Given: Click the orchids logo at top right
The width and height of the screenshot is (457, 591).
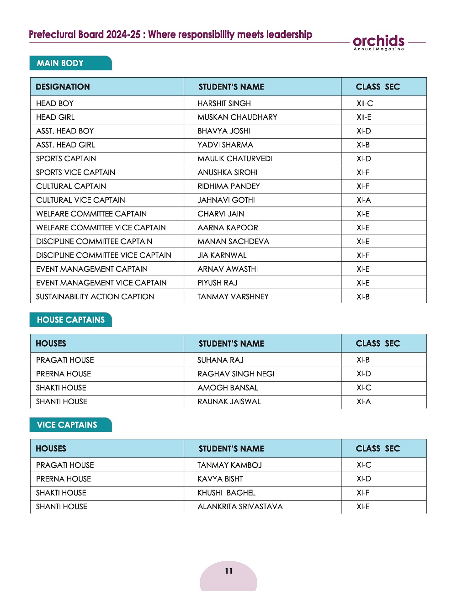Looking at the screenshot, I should (x=378, y=42).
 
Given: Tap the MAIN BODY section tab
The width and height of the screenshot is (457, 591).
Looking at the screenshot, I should (x=60, y=63).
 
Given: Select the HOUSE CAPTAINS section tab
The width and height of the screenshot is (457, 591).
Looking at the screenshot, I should (x=71, y=320).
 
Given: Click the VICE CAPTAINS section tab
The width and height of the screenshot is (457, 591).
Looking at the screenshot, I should (x=67, y=425).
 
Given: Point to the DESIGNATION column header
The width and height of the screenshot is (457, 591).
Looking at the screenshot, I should (x=63, y=87).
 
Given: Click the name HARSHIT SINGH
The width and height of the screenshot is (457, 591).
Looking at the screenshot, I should (x=224, y=103).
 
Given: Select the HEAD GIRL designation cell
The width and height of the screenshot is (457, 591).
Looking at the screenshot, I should (x=55, y=117).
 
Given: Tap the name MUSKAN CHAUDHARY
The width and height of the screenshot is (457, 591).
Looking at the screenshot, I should (x=237, y=117).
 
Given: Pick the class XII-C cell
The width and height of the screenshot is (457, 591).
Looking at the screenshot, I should (x=365, y=103).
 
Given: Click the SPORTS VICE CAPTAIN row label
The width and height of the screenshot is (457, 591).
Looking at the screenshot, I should (x=75, y=172).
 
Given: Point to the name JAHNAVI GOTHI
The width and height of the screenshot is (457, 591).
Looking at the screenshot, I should (x=226, y=200).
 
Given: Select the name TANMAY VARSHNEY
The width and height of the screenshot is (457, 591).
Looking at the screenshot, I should (x=233, y=296).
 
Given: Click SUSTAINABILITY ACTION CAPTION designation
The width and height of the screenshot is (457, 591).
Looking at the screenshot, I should (x=95, y=296).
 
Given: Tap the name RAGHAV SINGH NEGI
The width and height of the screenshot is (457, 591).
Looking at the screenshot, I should (x=236, y=374).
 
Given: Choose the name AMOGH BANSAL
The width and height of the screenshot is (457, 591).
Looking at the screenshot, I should (x=228, y=388).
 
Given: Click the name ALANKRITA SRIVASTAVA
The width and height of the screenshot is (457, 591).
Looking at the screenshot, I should (x=240, y=507).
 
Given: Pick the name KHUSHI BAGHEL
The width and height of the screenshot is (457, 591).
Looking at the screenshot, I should (x=226, y=493).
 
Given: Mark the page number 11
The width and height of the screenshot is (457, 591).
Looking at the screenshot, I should (x=228, y=571).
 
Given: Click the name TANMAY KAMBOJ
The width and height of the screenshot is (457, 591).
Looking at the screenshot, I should (x=229, y=465).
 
